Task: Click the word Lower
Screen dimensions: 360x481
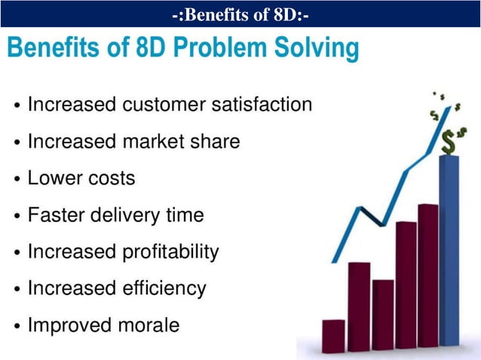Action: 54,178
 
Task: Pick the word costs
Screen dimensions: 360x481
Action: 110,178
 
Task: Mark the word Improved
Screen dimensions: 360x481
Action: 69,325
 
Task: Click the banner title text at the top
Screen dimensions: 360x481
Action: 240,14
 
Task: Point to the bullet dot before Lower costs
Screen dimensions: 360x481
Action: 17,180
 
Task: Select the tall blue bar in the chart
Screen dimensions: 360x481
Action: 449,249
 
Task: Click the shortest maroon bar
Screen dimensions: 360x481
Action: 333,334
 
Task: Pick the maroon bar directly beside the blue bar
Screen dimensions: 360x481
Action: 427,275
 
